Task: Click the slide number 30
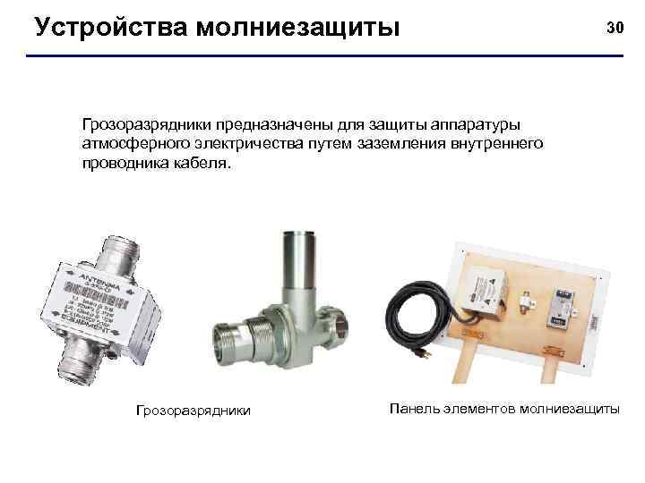click(615, 28)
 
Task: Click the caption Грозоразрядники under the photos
click(193, 411)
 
